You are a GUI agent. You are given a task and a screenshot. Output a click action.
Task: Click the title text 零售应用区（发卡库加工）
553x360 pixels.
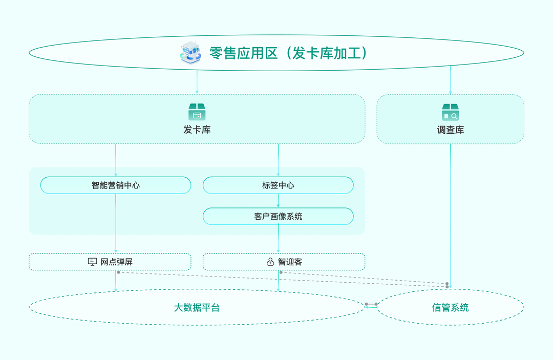pyautogui.click(x=289, y=53)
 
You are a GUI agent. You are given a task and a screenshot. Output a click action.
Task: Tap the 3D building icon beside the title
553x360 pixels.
pyautogui.click(x=190, y=53)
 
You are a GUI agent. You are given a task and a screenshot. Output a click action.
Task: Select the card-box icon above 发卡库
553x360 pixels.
pyautogui.click(x=197, y=112)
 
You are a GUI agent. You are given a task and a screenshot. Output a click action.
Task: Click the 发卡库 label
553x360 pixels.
pyautogui.click(x=197, y=130)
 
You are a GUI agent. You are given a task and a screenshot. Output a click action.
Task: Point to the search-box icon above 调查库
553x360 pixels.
pyautogui.click(x=451, y=112)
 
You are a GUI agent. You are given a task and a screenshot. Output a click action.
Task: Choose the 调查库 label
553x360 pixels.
pyautogui.click(x=451, y=130)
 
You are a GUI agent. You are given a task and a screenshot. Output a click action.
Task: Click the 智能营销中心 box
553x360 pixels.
pyautogui.click(x=116, y=185)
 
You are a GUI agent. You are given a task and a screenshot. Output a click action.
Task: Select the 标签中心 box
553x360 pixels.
pyautogui.click(x=278, y=185)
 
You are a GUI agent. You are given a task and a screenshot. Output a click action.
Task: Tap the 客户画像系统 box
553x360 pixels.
pyautogui.click(x=278, y=217)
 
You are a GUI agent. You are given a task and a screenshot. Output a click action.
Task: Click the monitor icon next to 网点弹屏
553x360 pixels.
pyautogui.click(x=92, y=262)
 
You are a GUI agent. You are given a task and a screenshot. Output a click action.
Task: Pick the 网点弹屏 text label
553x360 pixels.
pyautogui.click(x=117, y=262)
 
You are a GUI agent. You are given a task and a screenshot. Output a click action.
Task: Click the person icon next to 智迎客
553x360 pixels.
pyautogui.click(x=270, y=262)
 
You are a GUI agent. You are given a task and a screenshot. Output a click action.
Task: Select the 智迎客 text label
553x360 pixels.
pyautogui.click(x=290, y=262)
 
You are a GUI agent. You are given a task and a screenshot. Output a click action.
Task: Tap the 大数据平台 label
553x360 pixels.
pyautogui.click(x=197, y=307)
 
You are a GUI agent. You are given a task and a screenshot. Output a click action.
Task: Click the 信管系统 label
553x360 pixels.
pyautogui.click(x=451, y=307)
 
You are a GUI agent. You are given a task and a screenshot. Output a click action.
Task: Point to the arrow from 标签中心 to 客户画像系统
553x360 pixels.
pyautogui.click(x=278, y=201)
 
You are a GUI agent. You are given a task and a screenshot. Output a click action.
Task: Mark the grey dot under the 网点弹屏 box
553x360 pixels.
pyautogui.click(x=118, y=272)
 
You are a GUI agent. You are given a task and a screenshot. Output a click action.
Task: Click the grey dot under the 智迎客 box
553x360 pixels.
pyautogui.click(x=281, y=272)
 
